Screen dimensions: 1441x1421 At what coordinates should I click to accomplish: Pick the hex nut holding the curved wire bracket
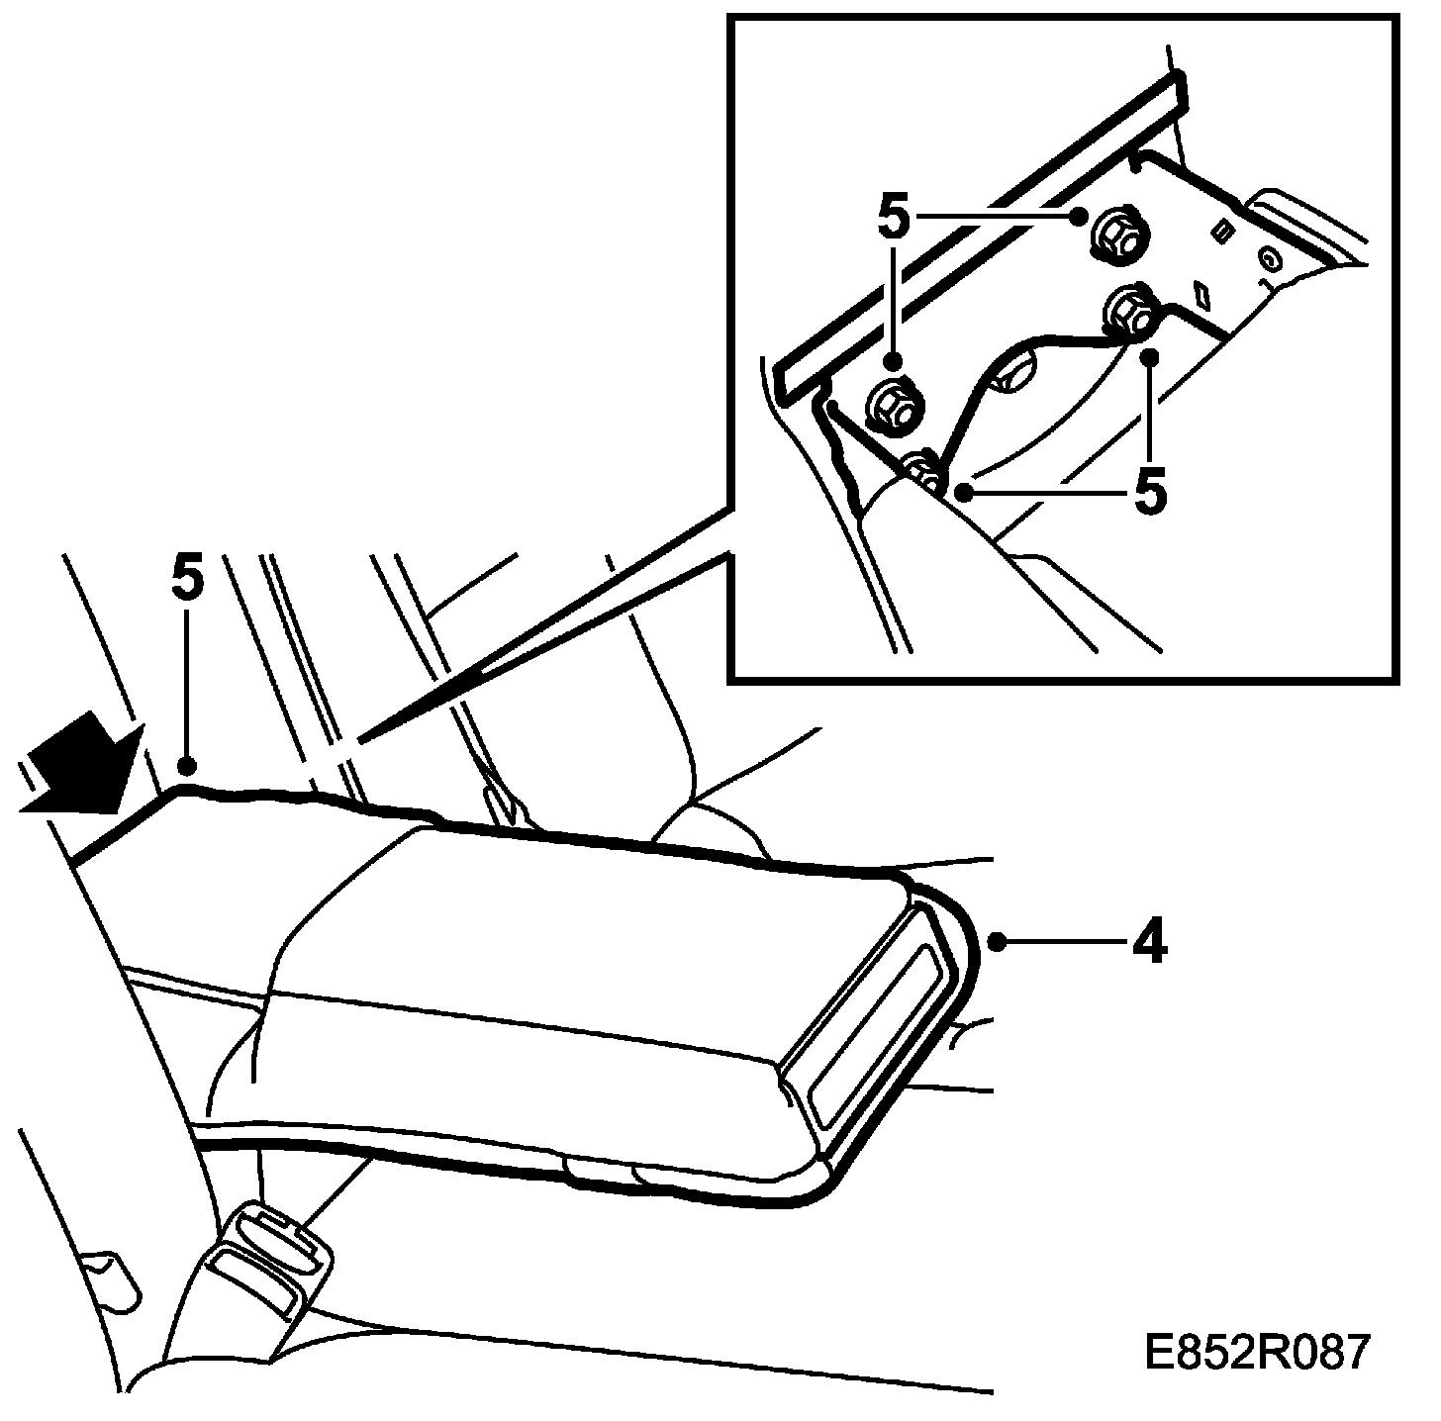coord(1131,311)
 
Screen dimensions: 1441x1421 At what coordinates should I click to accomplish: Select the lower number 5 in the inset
coord(1149,492)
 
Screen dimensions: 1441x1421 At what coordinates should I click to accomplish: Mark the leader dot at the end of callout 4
coord(997,942)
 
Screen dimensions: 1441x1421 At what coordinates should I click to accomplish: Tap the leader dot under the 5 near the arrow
coord(184,765)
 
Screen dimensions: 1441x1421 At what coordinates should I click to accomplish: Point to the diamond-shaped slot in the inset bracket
coord(1204,294)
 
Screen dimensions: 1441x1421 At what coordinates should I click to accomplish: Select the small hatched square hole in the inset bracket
coord(1223,231)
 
